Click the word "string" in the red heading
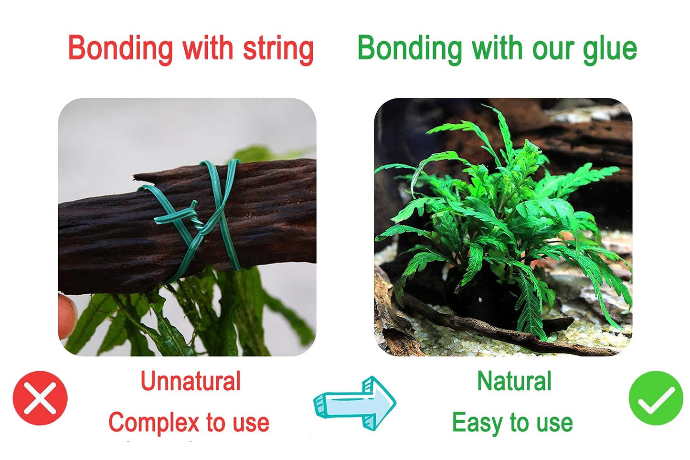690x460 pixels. point(278,49)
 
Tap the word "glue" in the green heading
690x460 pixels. point(610,49)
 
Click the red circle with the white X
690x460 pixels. point(40,398)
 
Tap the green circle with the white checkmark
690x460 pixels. point(656,398)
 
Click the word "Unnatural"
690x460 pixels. point(191,381)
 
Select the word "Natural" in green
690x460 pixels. point(514,381)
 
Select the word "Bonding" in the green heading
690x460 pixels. point(410,49)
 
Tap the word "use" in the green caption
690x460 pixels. point(554,423)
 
